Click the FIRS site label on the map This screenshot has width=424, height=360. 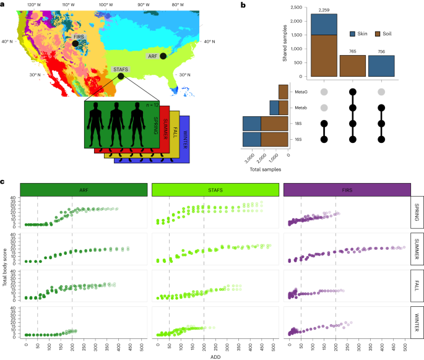[x=79, y=38]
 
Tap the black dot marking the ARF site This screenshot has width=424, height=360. [x=163, y=56]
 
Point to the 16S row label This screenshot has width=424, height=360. [x=300, y=140]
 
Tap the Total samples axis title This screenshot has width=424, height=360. [x=262, y=168]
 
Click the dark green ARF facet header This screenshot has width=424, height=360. [x=84, y=189]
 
